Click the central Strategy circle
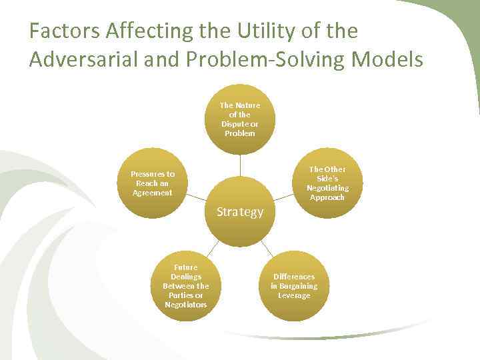coord(240,212)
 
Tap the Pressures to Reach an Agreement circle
coord(153,183)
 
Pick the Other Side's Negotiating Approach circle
coord(327,183)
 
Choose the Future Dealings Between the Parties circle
coord(186,286)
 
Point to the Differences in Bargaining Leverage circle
coord(294,286)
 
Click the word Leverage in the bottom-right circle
coord(294,295)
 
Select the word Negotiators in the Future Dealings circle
coord(186,305)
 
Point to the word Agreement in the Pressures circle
coord(153,193)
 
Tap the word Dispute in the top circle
coord(234,123)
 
